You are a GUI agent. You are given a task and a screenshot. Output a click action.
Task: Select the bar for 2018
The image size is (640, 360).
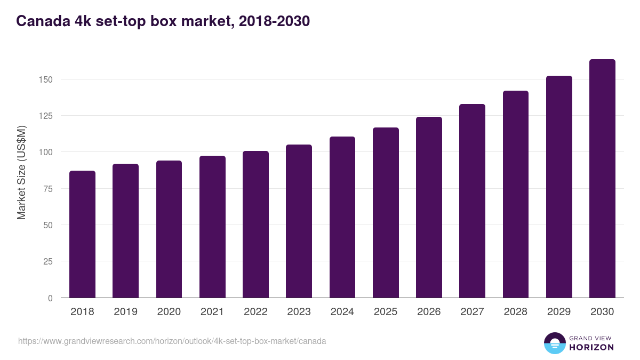click(82, 235)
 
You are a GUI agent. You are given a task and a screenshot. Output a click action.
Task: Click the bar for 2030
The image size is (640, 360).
click(602, 179)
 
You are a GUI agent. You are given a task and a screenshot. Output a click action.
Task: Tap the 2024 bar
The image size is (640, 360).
click(342, 218)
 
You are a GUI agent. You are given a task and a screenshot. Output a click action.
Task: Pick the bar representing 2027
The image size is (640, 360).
click(472, 201)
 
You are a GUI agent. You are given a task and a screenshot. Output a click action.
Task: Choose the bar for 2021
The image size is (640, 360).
click(212, 227)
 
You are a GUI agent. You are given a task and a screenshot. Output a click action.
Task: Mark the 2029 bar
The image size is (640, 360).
click(559, 187)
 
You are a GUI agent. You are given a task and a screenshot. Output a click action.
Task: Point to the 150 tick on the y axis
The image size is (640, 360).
click(47, 79)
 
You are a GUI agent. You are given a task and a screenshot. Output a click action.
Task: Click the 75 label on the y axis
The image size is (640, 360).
click(49, 189)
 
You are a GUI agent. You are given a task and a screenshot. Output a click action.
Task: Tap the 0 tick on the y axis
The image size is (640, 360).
click(51, 298)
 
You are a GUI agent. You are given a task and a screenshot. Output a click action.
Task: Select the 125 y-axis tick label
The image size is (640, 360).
click(47, 116)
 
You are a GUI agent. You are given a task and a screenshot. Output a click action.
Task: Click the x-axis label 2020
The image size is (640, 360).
click(169, 312)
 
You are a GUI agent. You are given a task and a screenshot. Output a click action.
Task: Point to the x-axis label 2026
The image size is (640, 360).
click(429, 312)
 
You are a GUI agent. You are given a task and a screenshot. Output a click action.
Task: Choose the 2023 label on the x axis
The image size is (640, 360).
click(299, 312)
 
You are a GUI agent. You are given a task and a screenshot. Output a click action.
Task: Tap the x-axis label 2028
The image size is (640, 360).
click(515, 312)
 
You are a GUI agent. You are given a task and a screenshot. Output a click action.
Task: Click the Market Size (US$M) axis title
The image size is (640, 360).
click(21, 173)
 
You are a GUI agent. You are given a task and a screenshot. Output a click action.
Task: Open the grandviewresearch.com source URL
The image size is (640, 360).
click(172, 341)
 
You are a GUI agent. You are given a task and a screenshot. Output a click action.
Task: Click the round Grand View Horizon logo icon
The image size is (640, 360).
click(554, 343)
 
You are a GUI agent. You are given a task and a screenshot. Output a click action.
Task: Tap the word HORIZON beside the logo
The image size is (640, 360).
click(591, 347)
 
